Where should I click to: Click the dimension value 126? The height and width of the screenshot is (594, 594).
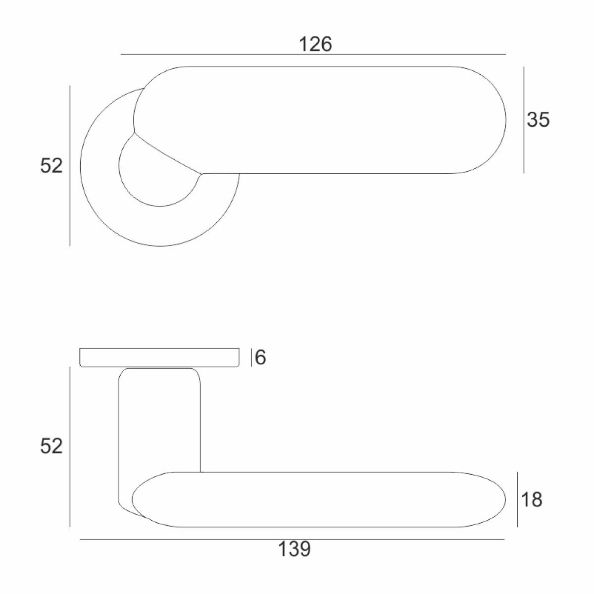click(x=315, y=45)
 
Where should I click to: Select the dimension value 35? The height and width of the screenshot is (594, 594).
click(x=538, y=120)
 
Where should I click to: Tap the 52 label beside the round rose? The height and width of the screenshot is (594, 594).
click(x=51, y=165)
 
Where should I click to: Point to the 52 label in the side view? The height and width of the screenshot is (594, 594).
click(x=51, y=446)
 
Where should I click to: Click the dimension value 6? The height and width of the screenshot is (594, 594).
click(x=260, y=357)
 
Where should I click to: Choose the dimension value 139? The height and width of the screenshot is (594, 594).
click(x=295, y=549)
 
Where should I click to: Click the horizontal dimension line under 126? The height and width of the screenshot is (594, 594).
click(x=313, y=54)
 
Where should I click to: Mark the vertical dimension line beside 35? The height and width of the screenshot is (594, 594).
click(x=524, y=120)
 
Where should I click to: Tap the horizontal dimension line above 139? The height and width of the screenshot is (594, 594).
click(x=292, y=540)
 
